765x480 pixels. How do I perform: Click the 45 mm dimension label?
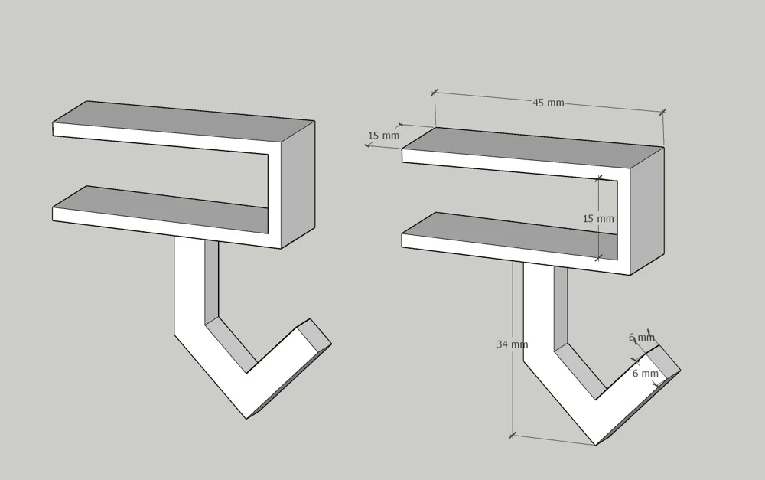548,103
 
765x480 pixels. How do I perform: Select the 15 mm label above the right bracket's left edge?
383,136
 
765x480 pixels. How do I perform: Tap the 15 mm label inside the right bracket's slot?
598,218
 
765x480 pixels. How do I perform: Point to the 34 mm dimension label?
513,344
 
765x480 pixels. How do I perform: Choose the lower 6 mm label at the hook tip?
646,373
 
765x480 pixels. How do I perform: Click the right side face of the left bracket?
298,184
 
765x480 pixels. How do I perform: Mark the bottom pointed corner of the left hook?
247,419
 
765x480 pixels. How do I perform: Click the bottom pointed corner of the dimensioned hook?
596,445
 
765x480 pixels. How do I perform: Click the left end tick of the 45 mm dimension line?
435,92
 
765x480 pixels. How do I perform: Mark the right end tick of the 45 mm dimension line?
662,113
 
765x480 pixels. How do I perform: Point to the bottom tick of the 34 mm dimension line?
513,435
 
